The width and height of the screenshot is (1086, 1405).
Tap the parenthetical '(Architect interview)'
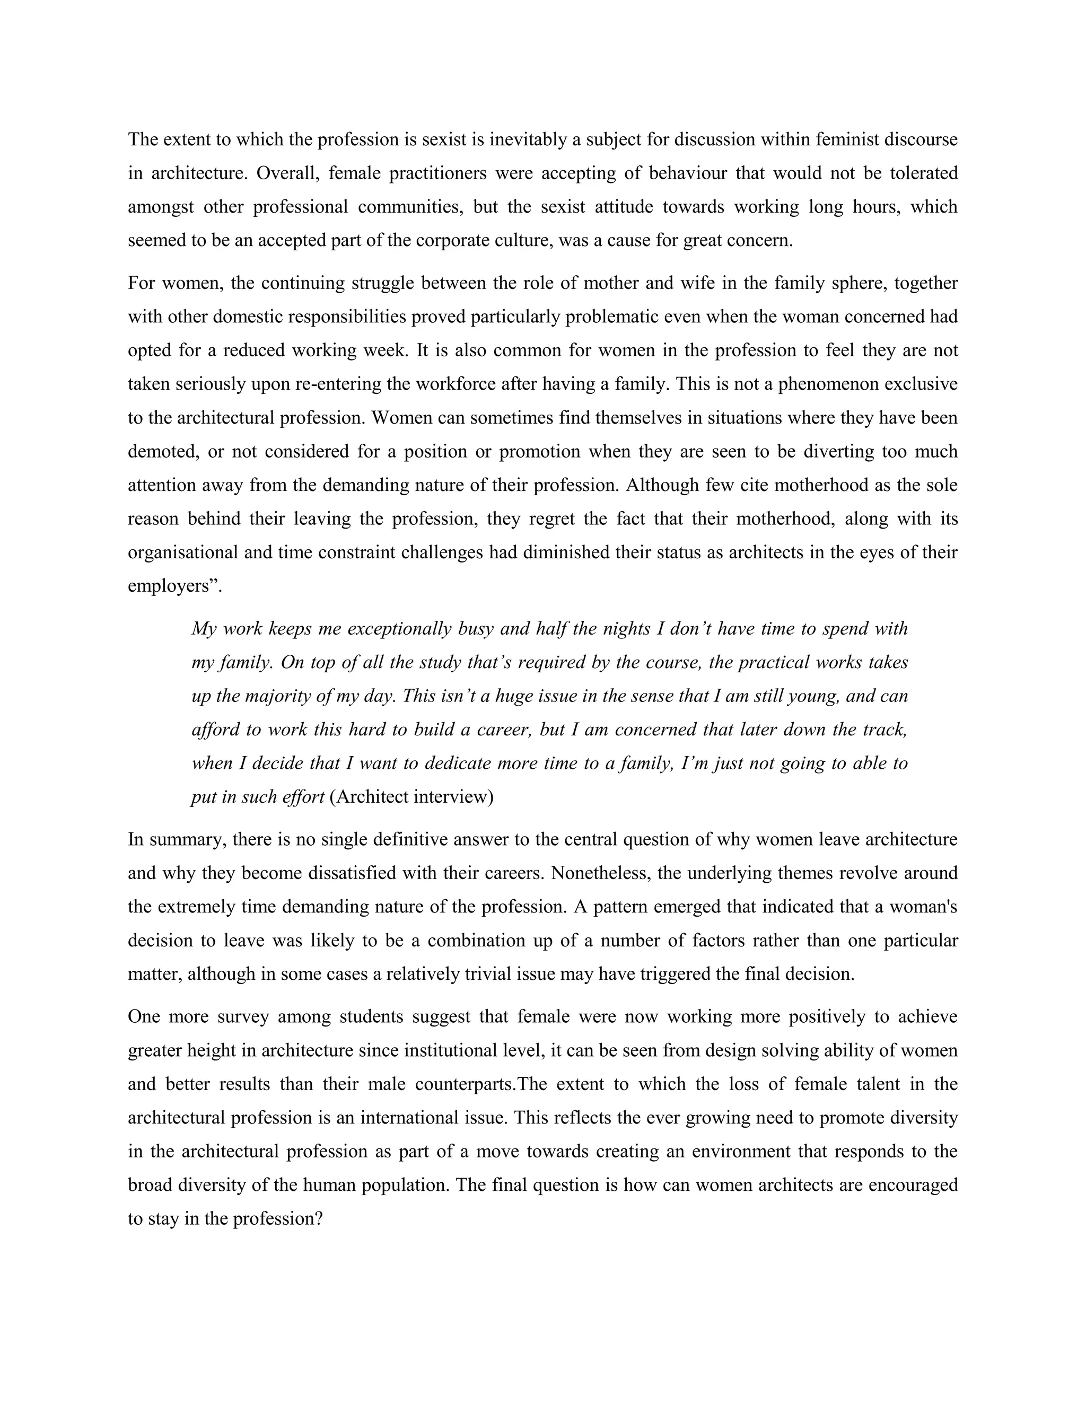pos(411,797)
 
